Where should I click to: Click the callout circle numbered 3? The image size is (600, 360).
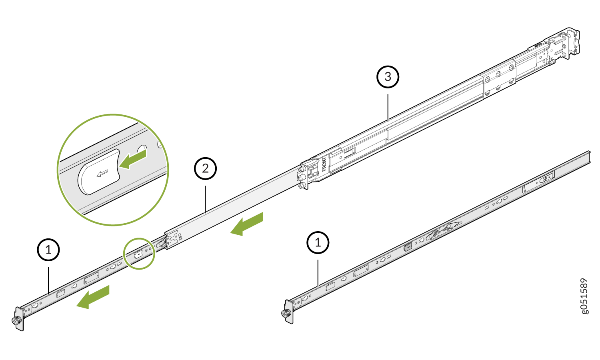(388, 76)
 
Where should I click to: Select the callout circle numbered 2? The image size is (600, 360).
(205, 168)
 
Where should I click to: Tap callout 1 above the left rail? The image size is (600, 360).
(48, 250)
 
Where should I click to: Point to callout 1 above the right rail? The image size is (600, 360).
(318, 242)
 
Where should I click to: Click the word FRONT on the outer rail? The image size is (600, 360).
(324, 164)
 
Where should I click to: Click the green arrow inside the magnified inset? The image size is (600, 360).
(133, 159)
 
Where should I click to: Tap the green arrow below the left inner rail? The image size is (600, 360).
(93, 297)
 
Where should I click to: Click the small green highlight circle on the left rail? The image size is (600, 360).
(139, 253)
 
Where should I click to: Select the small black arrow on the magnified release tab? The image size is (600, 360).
(102, 173)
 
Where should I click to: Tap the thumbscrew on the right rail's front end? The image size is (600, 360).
(286, 314)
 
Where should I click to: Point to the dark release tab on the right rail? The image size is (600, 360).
(408, 247)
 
